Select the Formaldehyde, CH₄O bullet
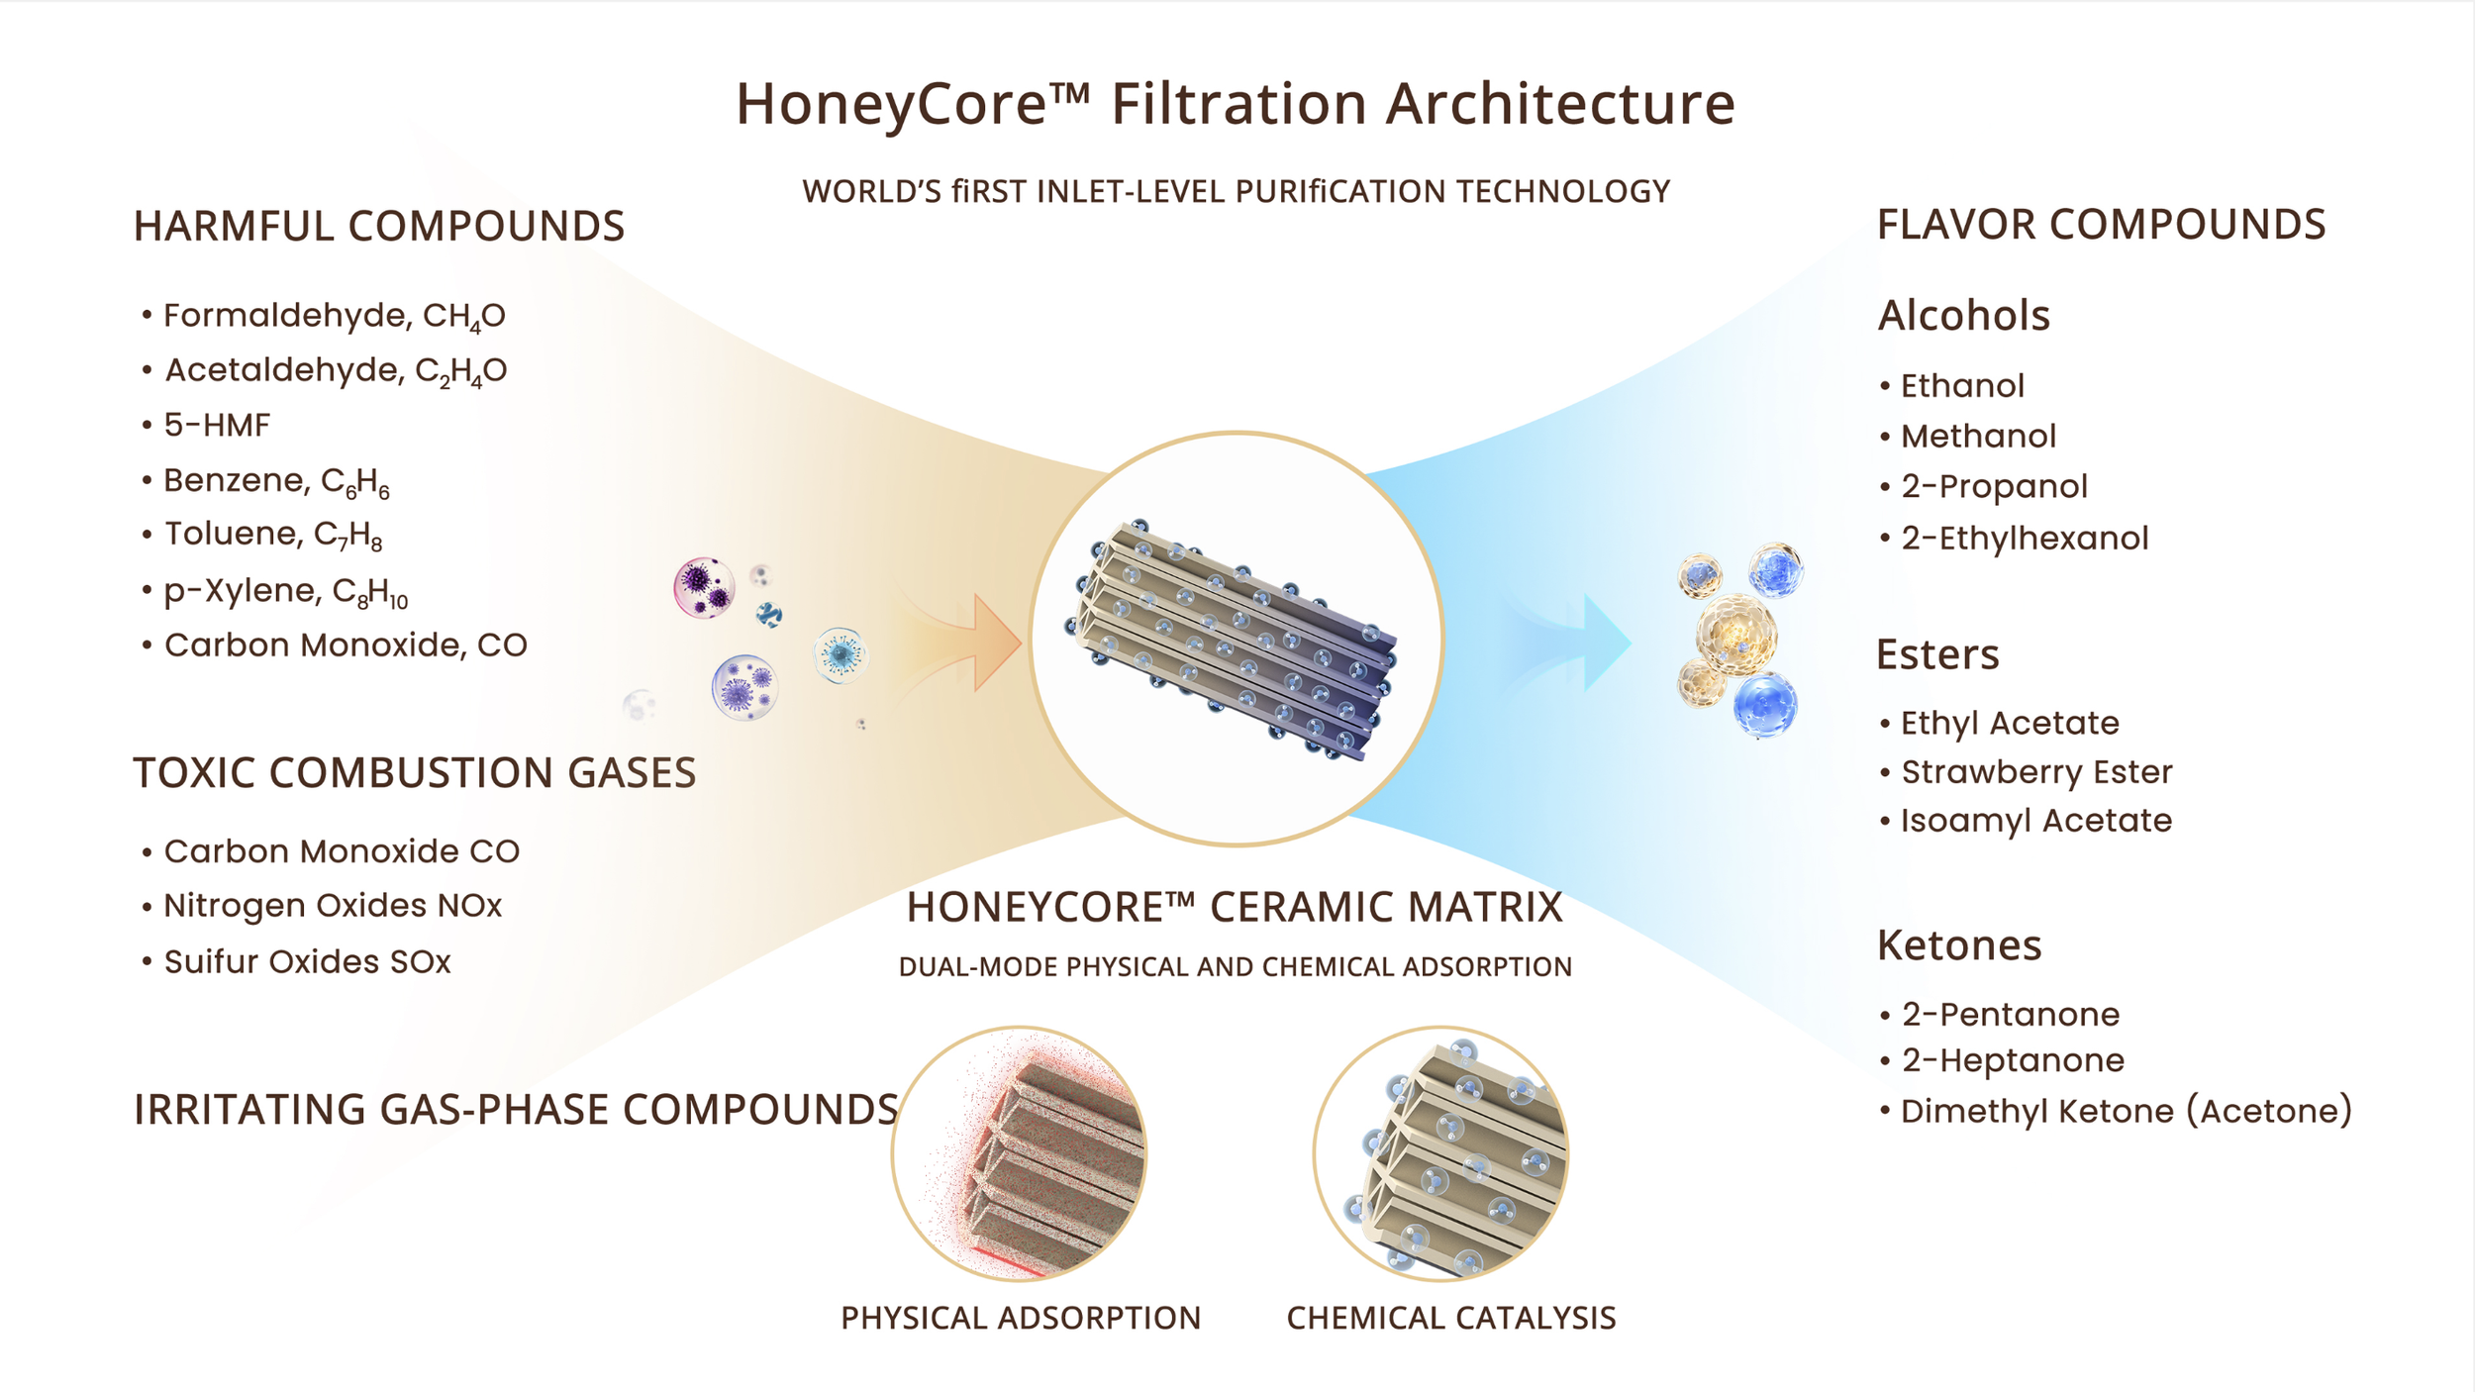[334, 316]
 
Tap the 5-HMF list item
[217, 426]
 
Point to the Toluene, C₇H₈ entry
[272, 535]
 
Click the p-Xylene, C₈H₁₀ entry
[285, 591]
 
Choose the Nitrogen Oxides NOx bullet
[333, 906]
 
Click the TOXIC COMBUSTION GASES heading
[415, 773]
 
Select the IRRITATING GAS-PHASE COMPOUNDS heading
[516, 1110]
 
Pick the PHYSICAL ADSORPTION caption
[1021, 1318]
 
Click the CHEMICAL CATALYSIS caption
[1450, 1318]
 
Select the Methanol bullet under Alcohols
[1978, 437]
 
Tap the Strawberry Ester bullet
[2036, 772]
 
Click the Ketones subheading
[1959, 945]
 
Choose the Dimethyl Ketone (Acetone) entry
[2126, 1111]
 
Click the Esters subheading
[1937, 654]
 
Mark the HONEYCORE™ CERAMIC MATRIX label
[1235, 907]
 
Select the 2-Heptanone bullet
[2013, 1060]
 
